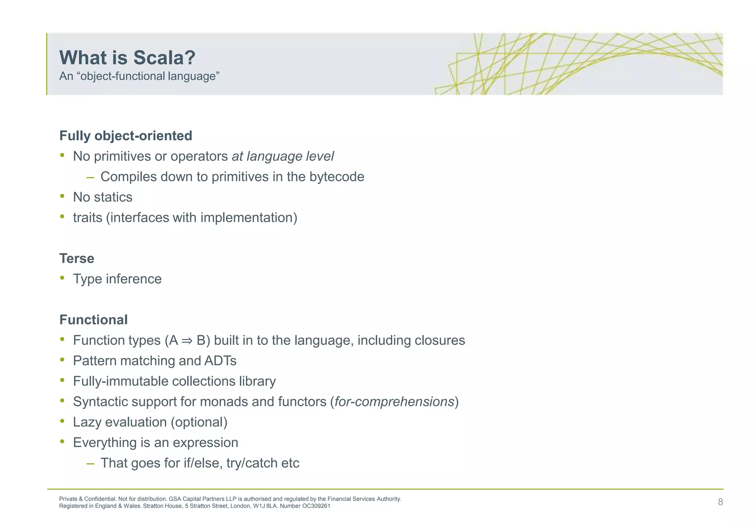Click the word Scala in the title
(164, 58)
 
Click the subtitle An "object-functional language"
(139, 76)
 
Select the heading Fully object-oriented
(126, 136)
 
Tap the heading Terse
(77, 259)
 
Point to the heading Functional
(93, 320)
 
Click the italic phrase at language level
(283, 156)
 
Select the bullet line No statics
(102, 197)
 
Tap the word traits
(87, 218)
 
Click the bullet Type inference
(117, 279)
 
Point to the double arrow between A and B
(187, 341)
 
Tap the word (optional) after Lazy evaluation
(199, 422)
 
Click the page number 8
(720, 502)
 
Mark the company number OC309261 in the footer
(316, 506)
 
